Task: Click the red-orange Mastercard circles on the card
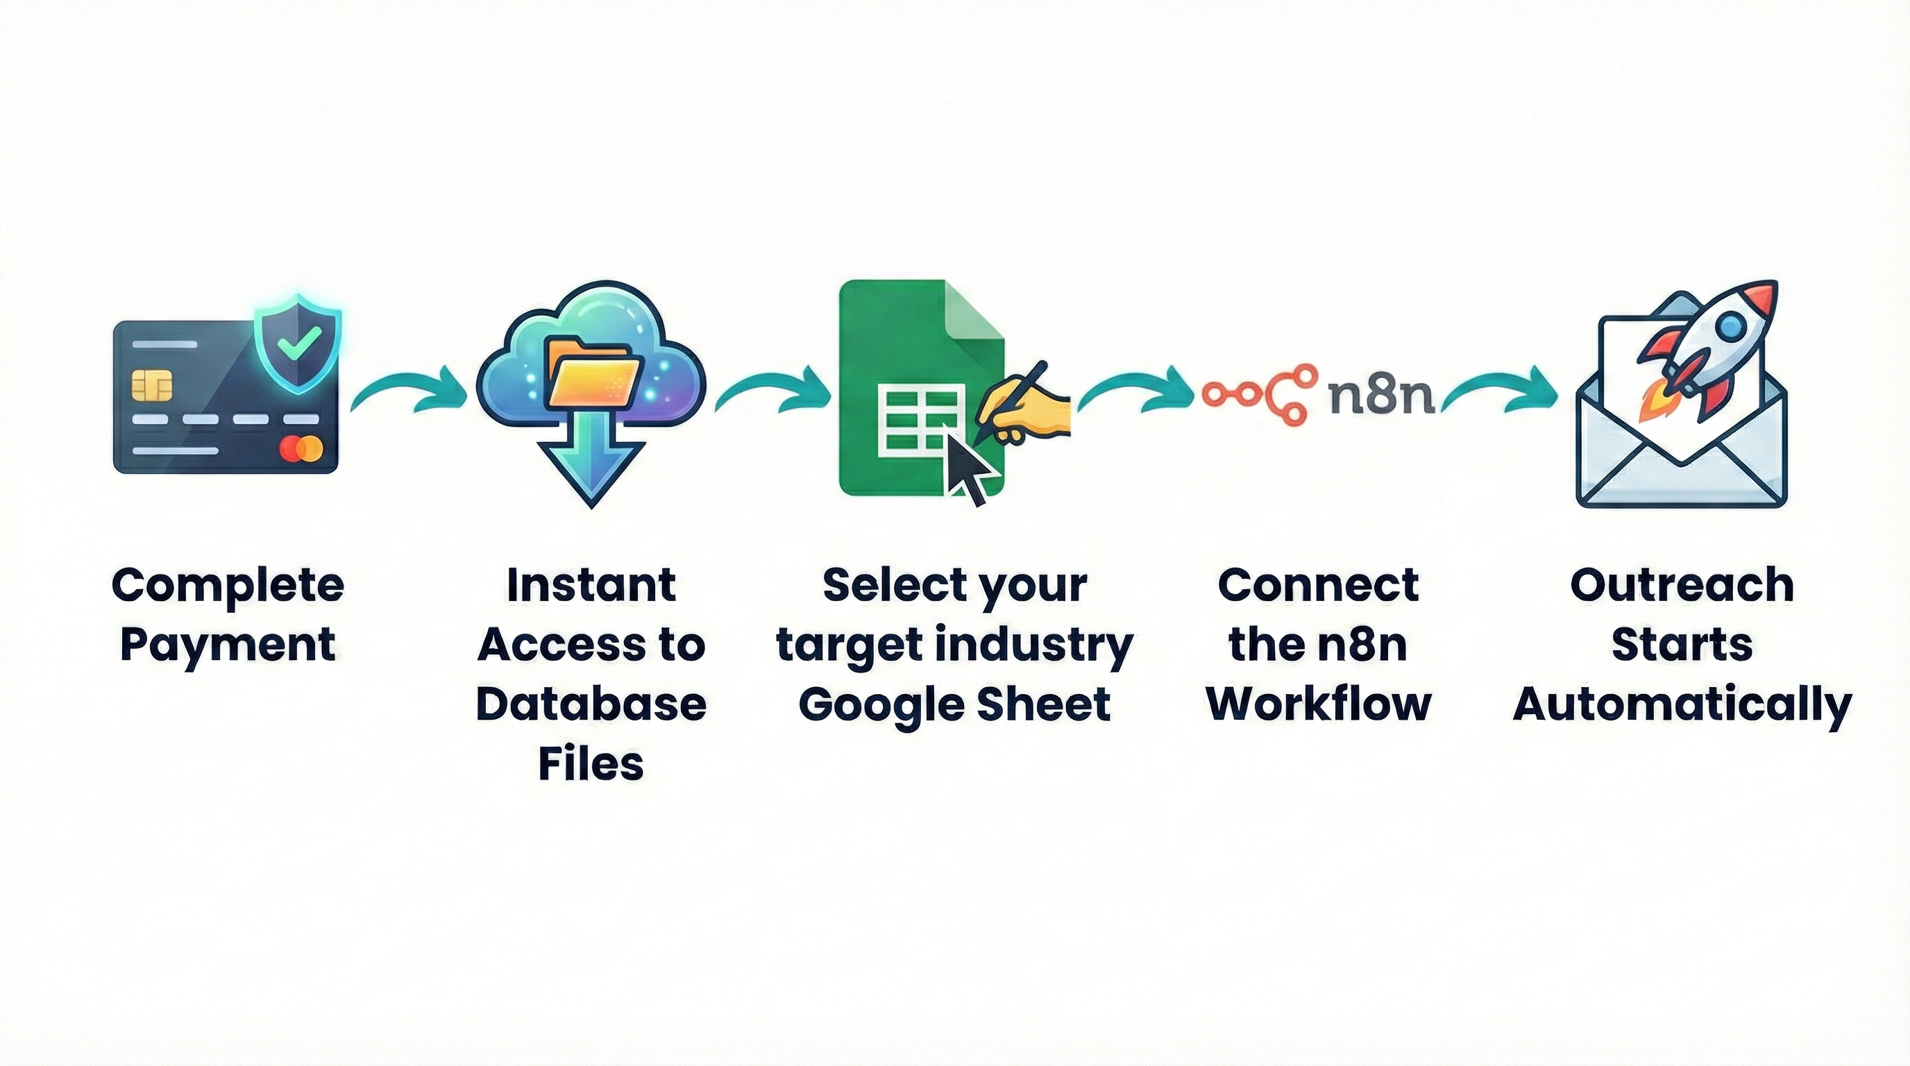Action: click(301, 448)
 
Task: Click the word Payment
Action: click(228, 644)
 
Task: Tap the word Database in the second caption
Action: click(591, 704)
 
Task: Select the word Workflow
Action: click(1318, 704)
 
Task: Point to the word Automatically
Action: click(1682, 705)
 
